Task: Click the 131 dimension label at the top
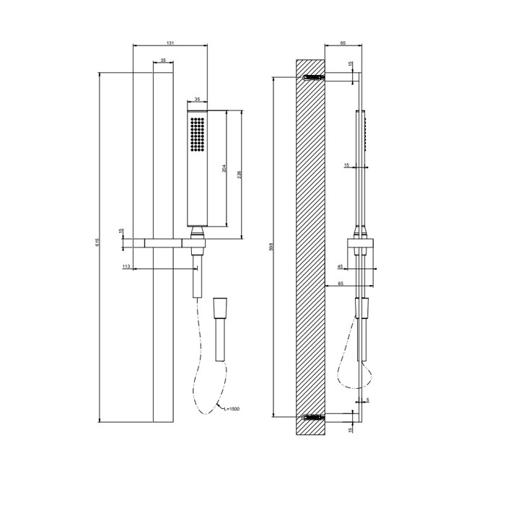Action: click(170, 43)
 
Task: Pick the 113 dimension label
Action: click(126, 266)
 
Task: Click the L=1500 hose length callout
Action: click(231, 409)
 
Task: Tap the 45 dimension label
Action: click(341, 266)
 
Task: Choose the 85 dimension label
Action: click(341, 284)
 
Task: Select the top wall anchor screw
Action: click(313, 77)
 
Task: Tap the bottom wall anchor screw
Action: click(313, 416)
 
